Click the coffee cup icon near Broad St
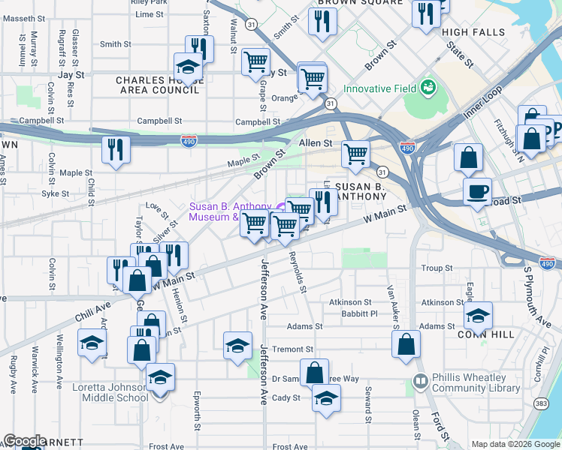[x=477, y=192]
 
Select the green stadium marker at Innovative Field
[x=428, y=88]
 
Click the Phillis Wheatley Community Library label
[x=476, y=383]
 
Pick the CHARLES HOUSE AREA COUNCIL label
[x=158, y=85]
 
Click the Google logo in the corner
[x=25, y=441]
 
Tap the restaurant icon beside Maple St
[x=116, y=148]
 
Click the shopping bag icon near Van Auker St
[x=406, y=344]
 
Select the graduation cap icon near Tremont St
[x=237, y=345]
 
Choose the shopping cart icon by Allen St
[x=355, y=154]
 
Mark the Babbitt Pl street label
[x=358, y=313]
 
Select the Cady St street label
[x=286, y=397]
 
